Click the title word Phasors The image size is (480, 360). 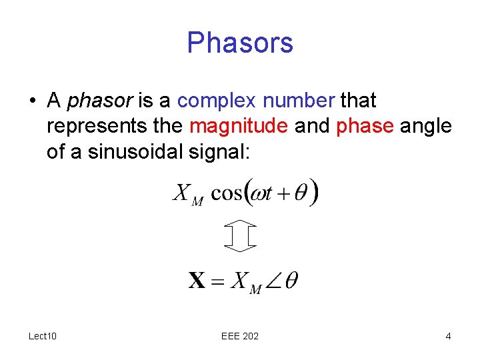(240, 43)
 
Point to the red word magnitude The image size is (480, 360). (239, 125)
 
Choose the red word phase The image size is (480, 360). (365, 125)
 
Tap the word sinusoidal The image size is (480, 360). (135, 151)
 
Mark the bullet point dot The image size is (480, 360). (32, 101)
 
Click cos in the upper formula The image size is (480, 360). (227, 193)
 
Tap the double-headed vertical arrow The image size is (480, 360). (240, 235)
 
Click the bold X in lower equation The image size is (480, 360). (197, 280)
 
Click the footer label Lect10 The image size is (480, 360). (42, 335)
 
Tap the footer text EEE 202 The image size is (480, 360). (240, 335)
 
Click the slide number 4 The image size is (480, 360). (448, 335)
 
